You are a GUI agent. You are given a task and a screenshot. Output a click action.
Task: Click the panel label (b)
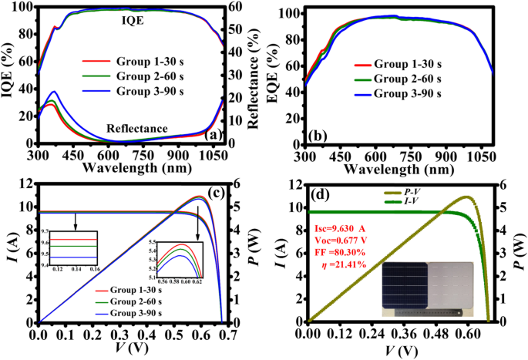coord(316,137)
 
